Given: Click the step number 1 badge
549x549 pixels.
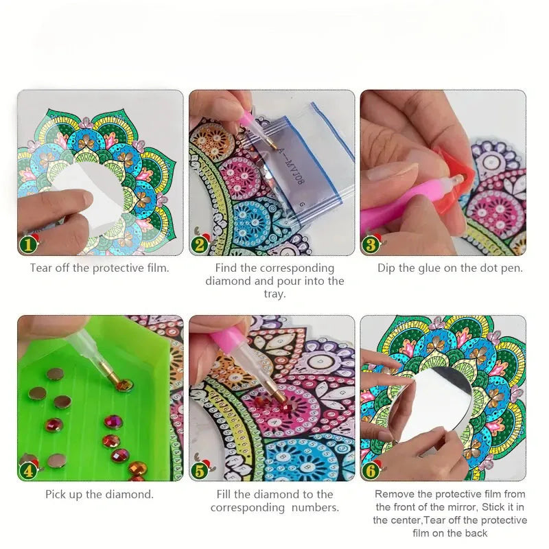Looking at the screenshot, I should (x=29, y=244).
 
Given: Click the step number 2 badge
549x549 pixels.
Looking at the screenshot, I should (x=200, y=244).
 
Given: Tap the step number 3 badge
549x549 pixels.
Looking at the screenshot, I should (x=371, y=244).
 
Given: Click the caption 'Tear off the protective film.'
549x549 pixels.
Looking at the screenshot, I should (x=100, y=268).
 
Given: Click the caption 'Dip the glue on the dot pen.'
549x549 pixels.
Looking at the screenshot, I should (x=450, y=268).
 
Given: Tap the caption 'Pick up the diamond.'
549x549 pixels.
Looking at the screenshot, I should (x=100, y=493).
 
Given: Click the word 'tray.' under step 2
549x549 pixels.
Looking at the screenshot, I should (x=274, y=294).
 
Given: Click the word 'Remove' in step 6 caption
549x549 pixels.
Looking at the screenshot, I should (x=393, y=493).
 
